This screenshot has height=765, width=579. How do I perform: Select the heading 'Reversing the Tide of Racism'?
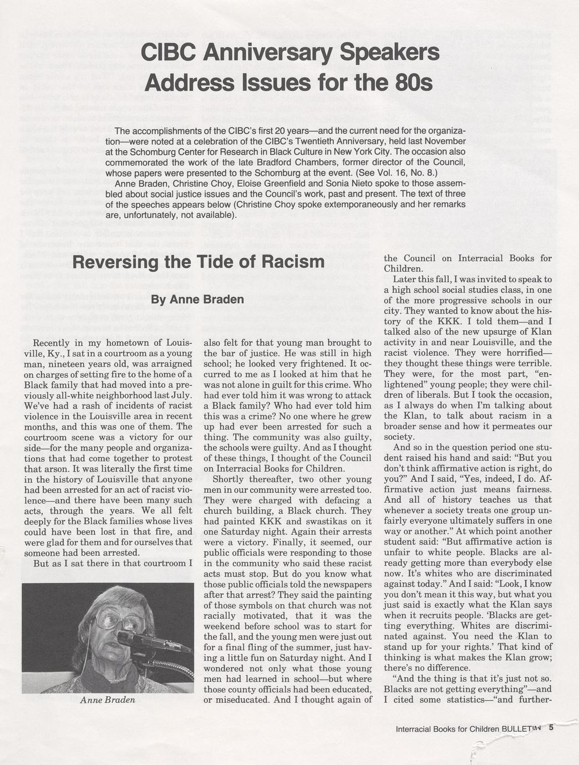[x=198, y=262]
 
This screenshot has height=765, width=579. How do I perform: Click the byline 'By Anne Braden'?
[x=197, y=300]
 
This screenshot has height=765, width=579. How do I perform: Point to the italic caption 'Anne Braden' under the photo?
[x=108, y=700]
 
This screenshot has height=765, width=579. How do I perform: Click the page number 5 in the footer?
[x=551, y=729]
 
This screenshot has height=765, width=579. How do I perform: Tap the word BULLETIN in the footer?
[x=520, y=730]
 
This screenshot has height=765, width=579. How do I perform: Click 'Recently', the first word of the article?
[x=52, y=343]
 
